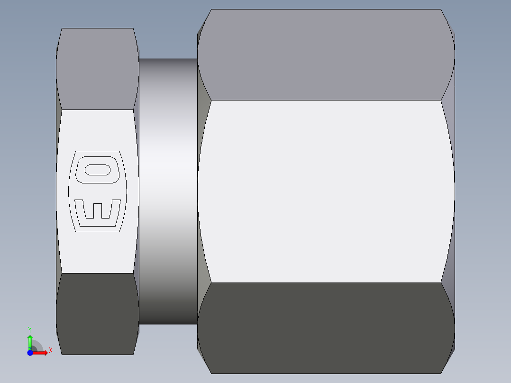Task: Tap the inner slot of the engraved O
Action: pos(98,170)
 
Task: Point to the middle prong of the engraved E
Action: pos(98,210)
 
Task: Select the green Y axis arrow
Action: pos(30,341)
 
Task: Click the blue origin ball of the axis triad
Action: pos(30,353)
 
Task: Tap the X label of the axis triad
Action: pos(50,350)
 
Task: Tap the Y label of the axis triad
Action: pos(30,329)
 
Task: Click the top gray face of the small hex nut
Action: pos(97,69)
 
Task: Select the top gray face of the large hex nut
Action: pos(326,55)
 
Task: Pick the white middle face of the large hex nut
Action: pos(326,191)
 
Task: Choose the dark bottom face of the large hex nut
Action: pos(326,327)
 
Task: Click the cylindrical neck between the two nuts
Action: pos(168,191)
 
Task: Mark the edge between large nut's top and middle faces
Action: pos(326,100)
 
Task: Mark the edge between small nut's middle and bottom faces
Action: pos(97,273)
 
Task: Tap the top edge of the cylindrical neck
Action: pos(168,59)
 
